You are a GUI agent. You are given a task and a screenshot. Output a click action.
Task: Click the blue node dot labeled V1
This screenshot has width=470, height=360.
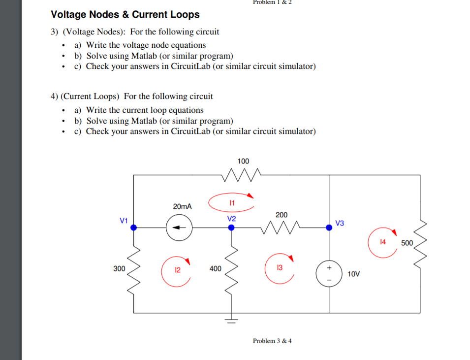tap(133, 228)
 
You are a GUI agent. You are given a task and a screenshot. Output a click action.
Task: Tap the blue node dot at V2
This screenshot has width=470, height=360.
tap(231, 228)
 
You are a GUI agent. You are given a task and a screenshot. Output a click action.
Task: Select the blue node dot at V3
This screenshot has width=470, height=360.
tap(329, 228)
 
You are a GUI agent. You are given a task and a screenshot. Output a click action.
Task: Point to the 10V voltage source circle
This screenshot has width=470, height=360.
tap(329, 274)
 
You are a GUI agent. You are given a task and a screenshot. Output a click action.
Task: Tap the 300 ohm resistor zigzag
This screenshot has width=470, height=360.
tap(133, 269)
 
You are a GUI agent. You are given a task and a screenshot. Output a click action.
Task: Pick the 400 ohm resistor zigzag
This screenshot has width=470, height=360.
tap(231, 269)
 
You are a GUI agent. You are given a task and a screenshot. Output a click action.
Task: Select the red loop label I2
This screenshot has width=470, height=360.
tap(178, 270)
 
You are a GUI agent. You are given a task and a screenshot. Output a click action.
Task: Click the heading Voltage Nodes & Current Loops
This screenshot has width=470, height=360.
tap(125, 14)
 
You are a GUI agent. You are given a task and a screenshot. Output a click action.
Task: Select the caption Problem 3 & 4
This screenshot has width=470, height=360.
tap(272, 341)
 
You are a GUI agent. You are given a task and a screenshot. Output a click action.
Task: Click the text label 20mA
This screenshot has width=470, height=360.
tap(182, 206)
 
